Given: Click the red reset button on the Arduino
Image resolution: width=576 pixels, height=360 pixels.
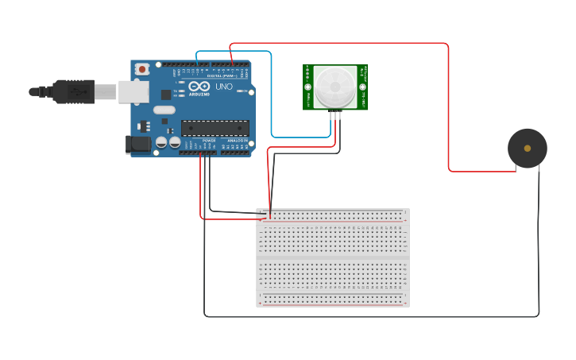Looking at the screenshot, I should [x=142, y=69].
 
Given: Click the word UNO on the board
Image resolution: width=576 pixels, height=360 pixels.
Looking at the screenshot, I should [x=224, y=87].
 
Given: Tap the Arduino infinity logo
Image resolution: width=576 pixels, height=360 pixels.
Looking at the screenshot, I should [x=199, y=86].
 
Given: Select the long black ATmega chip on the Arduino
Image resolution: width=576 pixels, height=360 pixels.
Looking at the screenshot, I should [x=215, y=127].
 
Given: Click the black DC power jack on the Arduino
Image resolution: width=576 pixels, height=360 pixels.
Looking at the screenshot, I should [x=137, y=144].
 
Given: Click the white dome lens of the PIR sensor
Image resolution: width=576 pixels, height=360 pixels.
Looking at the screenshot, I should [x=334, y=86].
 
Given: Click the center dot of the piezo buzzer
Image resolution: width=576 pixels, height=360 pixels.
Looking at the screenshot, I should [x=528, y=148].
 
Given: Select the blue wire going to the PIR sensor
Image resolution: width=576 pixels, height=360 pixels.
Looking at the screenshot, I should [x=271, y=95].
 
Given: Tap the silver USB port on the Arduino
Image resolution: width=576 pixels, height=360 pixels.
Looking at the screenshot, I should [x=133, y=91].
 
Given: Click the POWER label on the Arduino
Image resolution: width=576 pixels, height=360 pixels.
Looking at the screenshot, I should [x=209, y=141].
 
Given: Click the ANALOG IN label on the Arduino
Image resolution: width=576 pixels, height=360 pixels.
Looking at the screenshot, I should [x=238, y=141].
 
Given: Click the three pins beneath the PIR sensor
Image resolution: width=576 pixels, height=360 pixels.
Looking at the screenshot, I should [x=335, y=115].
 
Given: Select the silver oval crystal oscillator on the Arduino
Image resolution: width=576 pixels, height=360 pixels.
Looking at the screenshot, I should [x=164, y=110].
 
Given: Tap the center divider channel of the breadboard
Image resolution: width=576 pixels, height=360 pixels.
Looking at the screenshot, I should [x=332, y=257].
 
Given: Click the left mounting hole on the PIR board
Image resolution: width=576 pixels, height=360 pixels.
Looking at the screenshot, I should [x=307, y=87].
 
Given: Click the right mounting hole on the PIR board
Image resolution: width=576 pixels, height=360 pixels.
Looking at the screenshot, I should [x=362, y=87].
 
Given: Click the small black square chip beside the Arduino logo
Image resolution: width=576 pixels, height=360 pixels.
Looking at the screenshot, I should [x=166, y=95].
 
